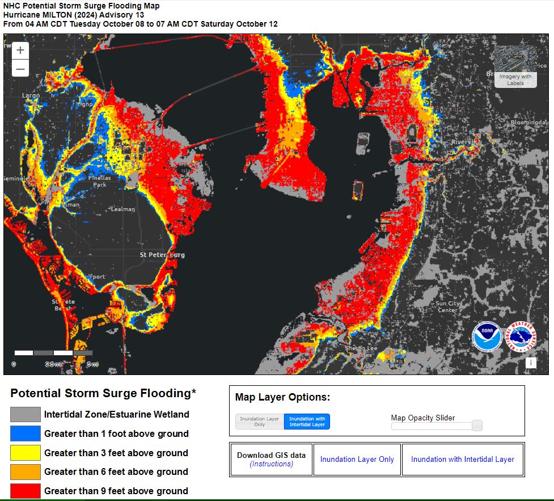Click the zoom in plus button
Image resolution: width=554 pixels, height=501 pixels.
click(x=20, y=50)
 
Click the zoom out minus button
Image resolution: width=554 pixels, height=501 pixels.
click(x=20, y=69)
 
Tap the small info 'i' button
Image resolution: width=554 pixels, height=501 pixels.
click(x=531, y=363)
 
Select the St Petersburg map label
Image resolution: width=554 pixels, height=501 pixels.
click(x=162, y=255)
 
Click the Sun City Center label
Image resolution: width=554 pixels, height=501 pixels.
click(x=447, y=306)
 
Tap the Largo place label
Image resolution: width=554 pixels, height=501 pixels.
click(x=31, y=95)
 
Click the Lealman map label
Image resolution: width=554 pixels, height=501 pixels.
click(x=123, y=209)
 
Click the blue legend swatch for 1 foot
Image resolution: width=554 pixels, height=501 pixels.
click(x=26, y=433)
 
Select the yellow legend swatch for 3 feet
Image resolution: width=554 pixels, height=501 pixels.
click(x=26, y=453)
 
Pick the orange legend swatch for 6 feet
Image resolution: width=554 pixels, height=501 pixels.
click(x=26, y=471)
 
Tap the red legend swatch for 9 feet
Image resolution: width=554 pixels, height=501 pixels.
click(x=26, y=491)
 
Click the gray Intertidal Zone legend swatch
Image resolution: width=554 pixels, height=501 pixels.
click(x=26, y=414)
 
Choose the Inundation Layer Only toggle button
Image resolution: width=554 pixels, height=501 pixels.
click(x=260, y=422)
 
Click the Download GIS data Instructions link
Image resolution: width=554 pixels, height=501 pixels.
click(x=271, y=464)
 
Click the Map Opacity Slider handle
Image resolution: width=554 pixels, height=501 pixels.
click(x=477, y=426)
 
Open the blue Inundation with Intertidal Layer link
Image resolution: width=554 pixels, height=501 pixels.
click(x=462, y=460)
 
